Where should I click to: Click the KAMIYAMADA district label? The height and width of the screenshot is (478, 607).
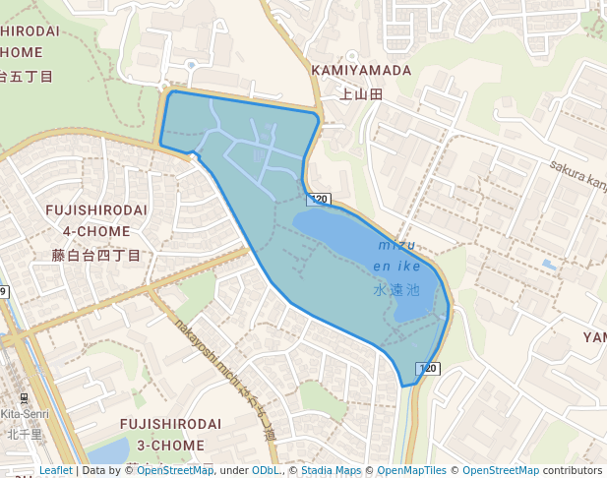click(x=361, y=71)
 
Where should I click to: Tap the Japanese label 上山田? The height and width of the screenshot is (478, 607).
click(x=361, y=94)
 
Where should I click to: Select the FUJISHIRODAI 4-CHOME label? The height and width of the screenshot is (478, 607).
click(x=96, y=220)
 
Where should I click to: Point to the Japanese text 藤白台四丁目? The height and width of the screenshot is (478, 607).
click(x=96, y=255)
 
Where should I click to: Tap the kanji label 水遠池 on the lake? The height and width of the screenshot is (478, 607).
click(x=396, y=290)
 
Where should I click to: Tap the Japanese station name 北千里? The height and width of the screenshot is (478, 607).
click(x=24, y=433)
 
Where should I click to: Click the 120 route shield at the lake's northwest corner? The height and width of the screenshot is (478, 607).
click(x=318, y=200)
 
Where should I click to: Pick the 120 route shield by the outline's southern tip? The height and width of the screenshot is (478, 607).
click(x=427, y=368)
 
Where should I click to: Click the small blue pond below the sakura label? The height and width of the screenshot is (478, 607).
click(x=548, y=266)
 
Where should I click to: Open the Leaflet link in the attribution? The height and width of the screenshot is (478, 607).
click(x=55, y=470)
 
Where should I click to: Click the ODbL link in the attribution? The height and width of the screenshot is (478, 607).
click(x=266, y=470)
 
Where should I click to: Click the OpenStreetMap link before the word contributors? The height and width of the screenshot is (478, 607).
click(x=500, y=470)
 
